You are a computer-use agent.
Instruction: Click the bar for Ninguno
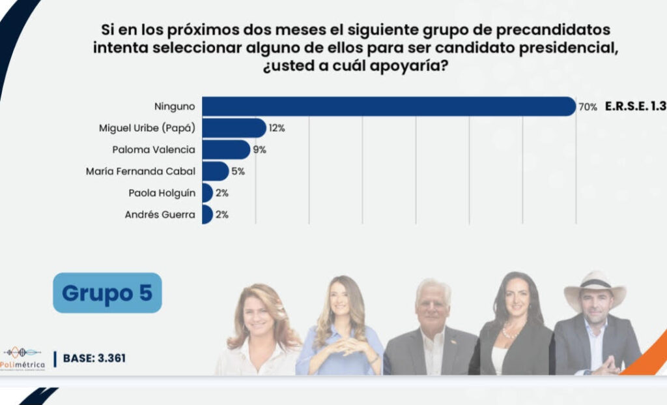pos(389,106)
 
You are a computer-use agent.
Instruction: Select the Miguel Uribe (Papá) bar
pos(234,128)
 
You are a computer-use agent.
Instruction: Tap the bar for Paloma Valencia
pos(226,149)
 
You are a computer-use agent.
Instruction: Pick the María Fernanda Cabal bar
pos(216,171)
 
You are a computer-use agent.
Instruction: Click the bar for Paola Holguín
pos(207,192)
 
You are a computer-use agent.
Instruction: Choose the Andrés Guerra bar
pos(207,214)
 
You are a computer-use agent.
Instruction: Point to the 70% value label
pos(588,107)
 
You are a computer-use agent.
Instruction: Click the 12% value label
pos(277,128)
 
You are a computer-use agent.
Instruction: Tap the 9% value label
pos(259,150)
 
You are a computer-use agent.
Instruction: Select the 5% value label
pos(239,172)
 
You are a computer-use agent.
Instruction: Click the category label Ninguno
pos(175,106)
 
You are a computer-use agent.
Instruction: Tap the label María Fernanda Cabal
pos(141,172)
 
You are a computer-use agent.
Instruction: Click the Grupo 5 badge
pos(107,293)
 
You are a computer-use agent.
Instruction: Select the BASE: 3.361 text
pos(94,358)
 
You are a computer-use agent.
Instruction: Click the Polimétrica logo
pos(24,357)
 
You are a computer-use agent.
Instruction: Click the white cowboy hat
pos(594,287)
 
